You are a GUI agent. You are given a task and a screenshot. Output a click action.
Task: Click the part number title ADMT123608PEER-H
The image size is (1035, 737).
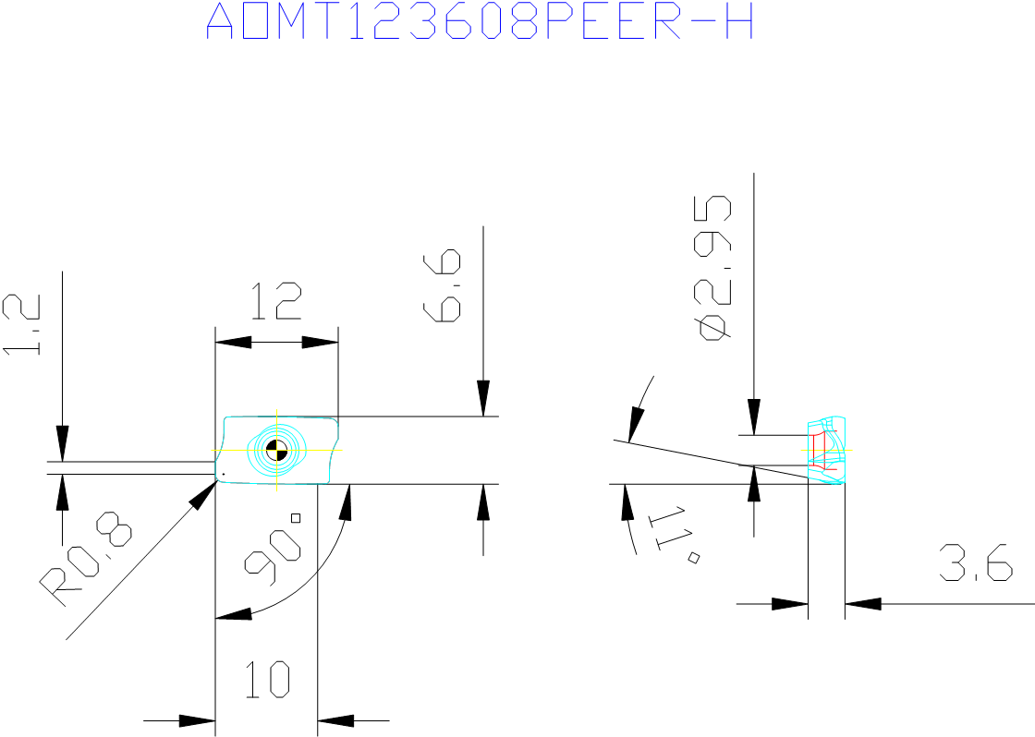[x=480, y=20]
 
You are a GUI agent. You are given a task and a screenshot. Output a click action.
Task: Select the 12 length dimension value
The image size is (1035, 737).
[x=276, y=301]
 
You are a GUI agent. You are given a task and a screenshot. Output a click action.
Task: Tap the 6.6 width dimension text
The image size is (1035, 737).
[x=442, y=285]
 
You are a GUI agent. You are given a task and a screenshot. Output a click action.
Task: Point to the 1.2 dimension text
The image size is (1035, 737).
[x=21, y=324]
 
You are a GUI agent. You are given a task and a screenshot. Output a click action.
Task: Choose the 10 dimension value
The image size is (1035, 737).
[x=267, y=680]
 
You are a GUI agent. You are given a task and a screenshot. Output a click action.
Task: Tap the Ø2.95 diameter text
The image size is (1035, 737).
[x=712, y=267]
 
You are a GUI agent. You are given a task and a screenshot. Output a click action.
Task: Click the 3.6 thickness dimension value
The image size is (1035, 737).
[x=976, y=562]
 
